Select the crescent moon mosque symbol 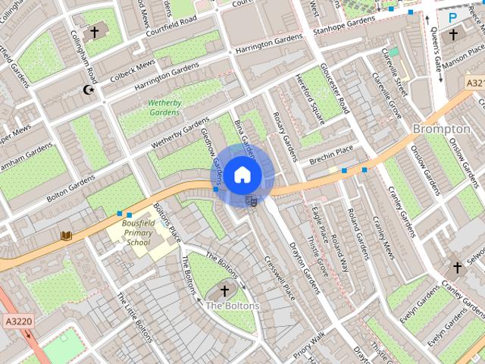point(89,89)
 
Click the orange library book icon point(66,236)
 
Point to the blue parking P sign point(452,17)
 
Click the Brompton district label point(441,130)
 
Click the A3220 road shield point(17,321)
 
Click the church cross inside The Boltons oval point(224,290)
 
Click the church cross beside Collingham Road point(94,32)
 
